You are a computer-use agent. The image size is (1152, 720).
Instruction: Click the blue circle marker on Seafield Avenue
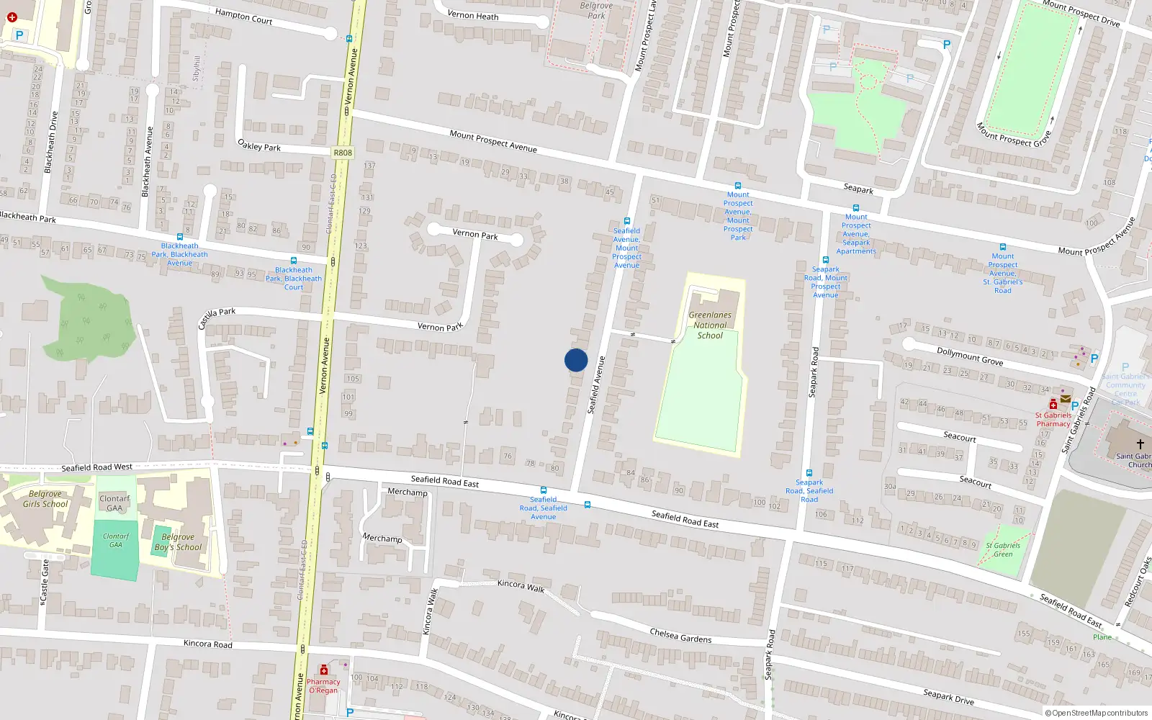[x=576, y=360]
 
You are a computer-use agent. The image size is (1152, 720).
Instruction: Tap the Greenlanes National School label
[x=710, y=325]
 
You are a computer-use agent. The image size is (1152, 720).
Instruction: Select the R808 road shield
[x=343, y=153]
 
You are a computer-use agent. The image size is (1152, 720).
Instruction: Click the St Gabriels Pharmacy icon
[x=1053, y=404]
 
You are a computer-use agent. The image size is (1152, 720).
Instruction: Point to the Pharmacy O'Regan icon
[x=324, y=670]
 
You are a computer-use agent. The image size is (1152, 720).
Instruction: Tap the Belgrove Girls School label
[x=45, y=499]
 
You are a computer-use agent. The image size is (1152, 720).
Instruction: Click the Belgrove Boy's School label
[x=178, y=542]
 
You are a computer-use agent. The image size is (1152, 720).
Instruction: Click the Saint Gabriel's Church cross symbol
[x=1140, y=444]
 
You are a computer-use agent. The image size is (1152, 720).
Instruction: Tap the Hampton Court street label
[x=243, y=16]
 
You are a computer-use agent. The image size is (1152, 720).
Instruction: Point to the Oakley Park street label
[x=259, y=145]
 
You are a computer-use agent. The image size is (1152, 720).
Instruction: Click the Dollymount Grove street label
[x=969, y=356]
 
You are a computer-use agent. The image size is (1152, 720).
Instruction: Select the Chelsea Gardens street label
[x=680, y=635]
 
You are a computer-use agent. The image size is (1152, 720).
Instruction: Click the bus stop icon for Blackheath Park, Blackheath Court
[x=294, y=261]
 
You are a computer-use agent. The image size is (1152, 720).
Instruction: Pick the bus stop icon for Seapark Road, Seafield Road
[x=809, y=473]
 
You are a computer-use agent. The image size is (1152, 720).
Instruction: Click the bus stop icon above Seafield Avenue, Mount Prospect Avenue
[x=627, y=222]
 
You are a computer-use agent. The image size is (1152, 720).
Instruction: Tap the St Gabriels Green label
[x=1004, y=549]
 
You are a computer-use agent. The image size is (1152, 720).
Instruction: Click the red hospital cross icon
[x=12, y=17]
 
